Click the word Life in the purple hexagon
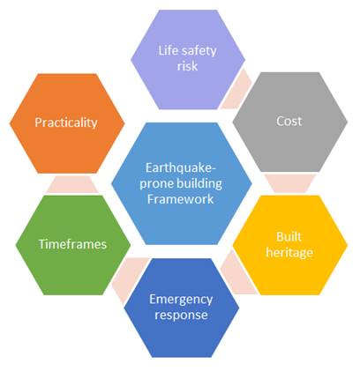coord(167,50)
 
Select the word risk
coord(187,66)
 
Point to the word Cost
coord(289,121)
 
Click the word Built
coord(289,237)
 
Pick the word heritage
coord(289,253)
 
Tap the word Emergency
coord(181,300)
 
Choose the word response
coord(181,315)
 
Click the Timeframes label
coord(72,244)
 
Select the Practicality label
coord(66,122)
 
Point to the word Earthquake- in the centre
coord(181,168)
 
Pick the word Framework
coord(180,199)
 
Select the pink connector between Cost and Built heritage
coord(290,183)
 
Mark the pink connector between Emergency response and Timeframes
coord(129,278)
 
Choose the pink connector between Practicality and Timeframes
coord(72,184)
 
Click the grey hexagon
coord(290,122)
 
